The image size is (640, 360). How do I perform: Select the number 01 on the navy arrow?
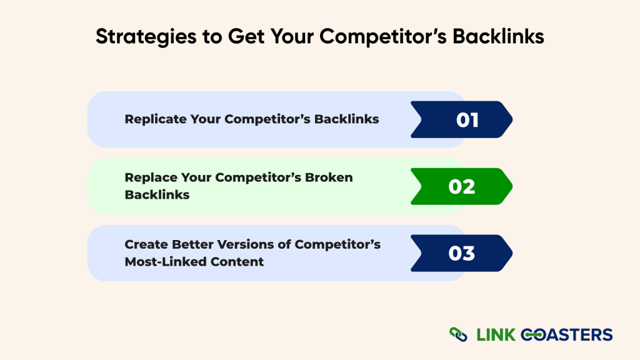tap(467, 119)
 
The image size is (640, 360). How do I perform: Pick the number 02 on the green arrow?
tap(462, 187)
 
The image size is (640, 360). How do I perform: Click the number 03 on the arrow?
tap(462, 254)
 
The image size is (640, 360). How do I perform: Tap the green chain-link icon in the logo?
tap(458, 334)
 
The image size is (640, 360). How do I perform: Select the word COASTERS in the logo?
tap(568, 334)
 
